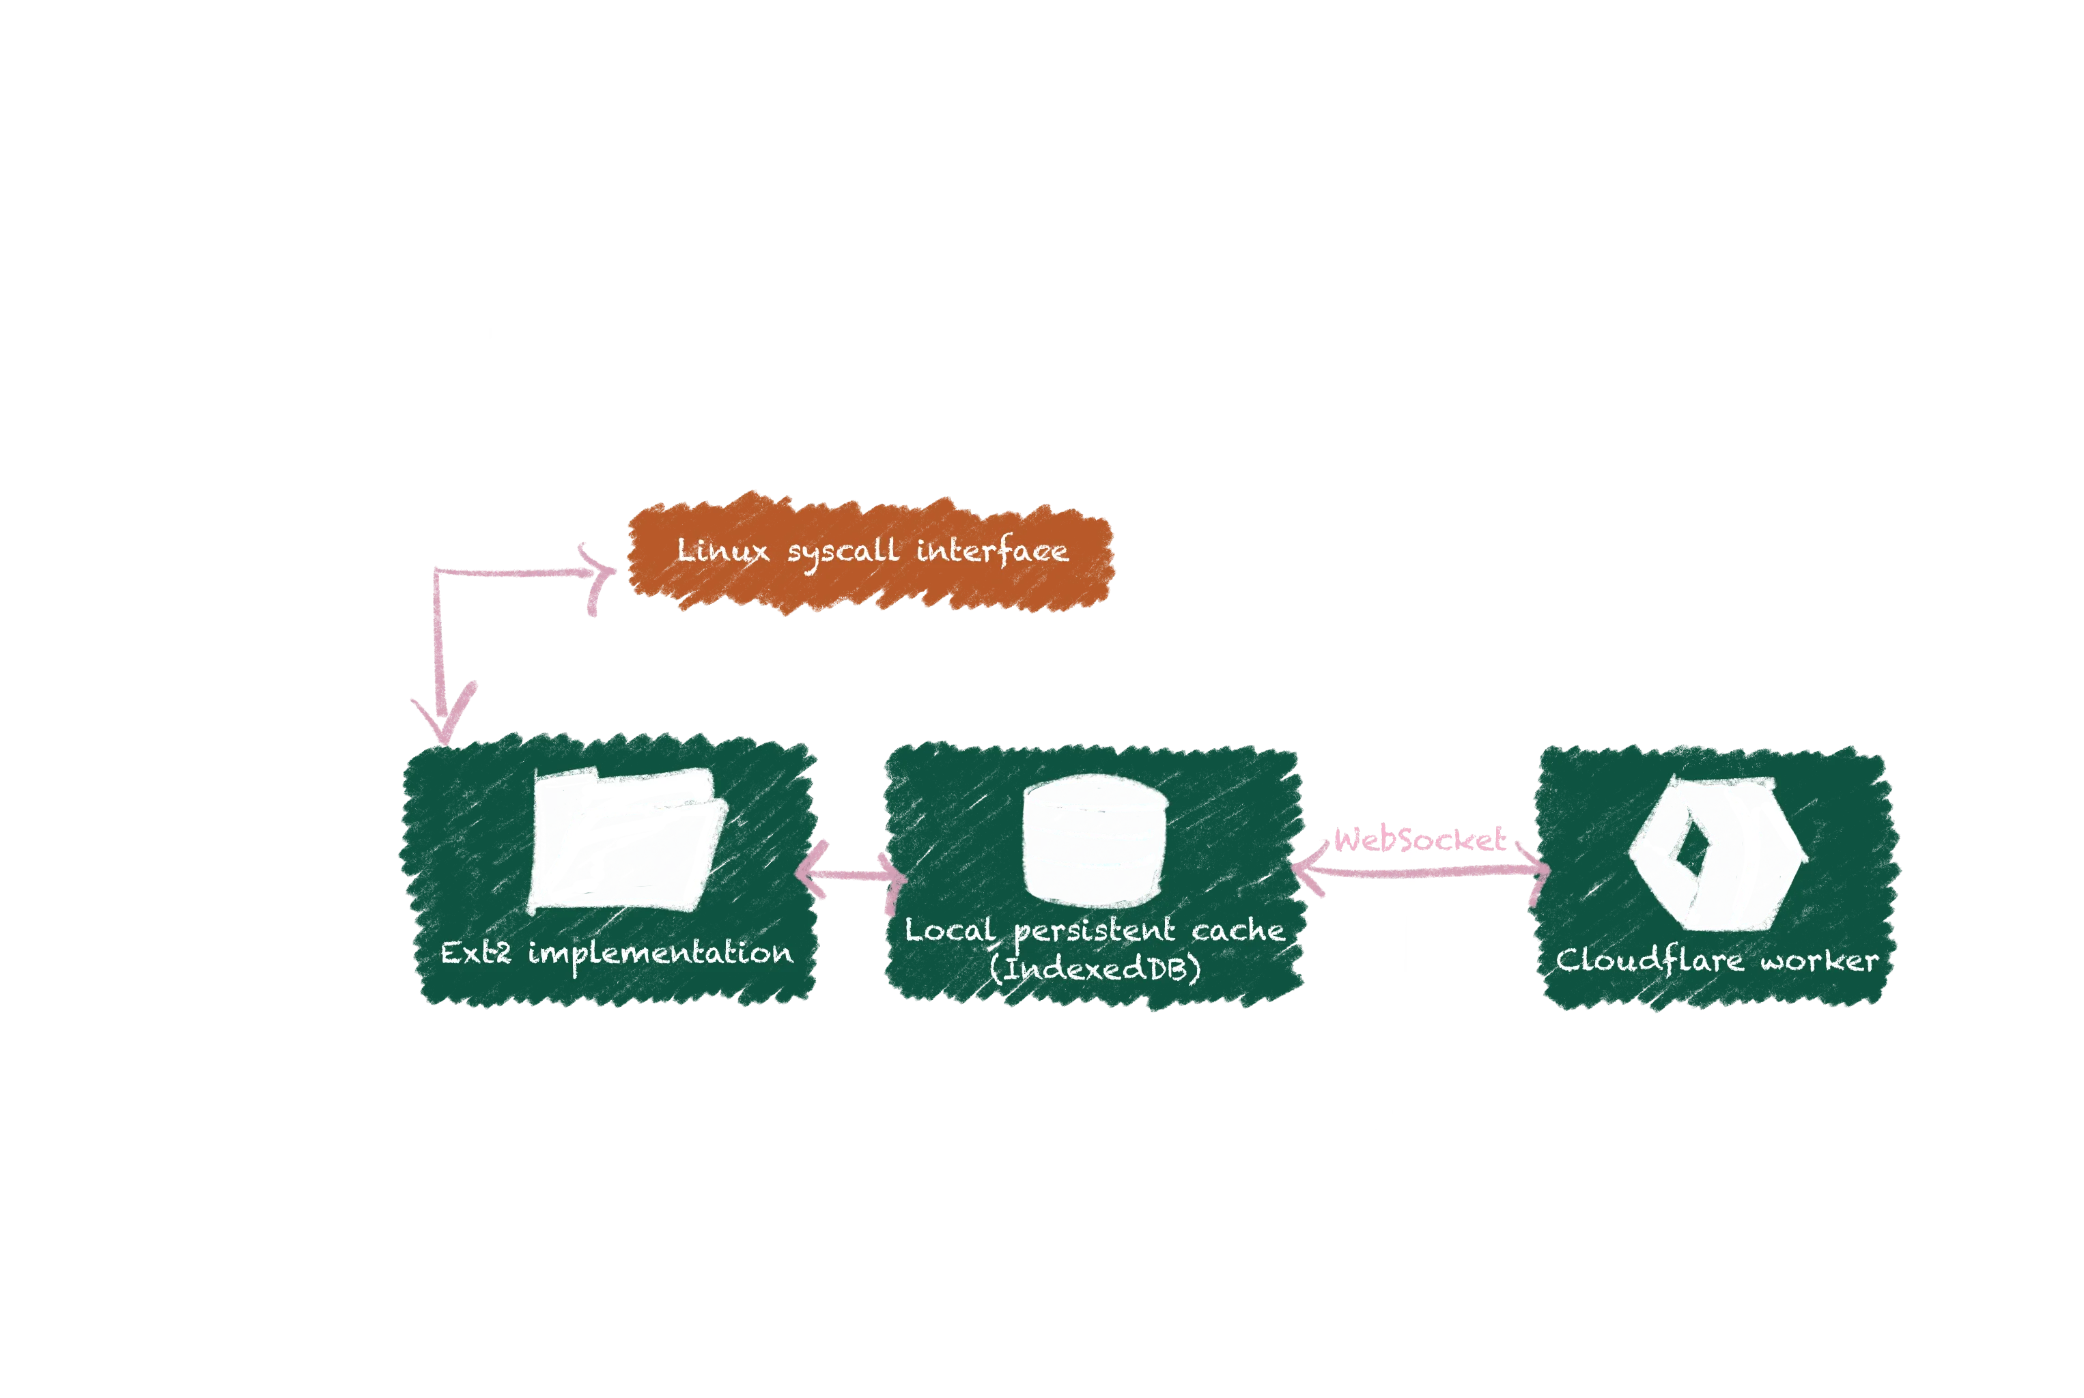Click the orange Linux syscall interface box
point(871,553)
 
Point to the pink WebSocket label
point(1418,839)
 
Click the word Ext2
point(475,953)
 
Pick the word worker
point(1818,961)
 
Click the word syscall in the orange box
point(843,552)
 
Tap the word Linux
point(722,550)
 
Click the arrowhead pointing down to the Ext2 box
point(444,713)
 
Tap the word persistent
point(1094,932)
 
